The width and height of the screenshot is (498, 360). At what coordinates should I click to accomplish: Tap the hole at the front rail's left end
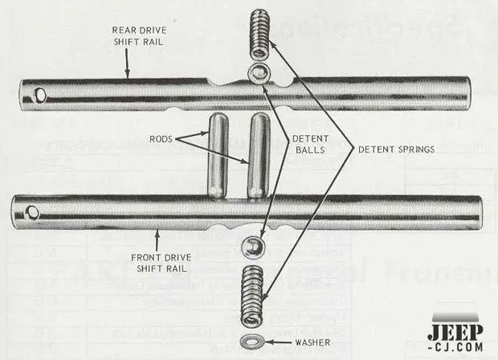pos(32,213)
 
